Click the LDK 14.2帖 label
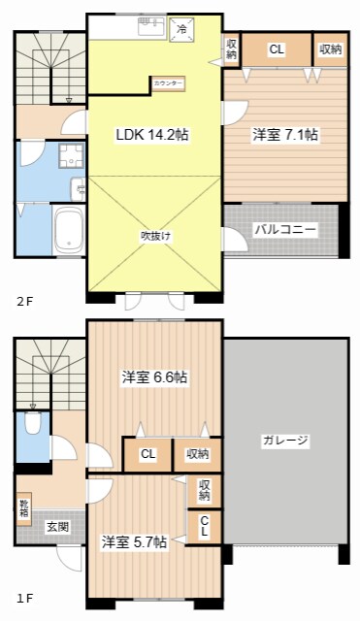pos(152,136)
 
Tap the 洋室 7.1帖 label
pos(285,136)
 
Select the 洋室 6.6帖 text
pos(154,376)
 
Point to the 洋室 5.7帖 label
pos(134,541)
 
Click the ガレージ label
pos(285,441)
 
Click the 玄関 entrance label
pos(57,527)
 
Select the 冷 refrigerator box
pos(180,30)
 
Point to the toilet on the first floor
pos(33,422)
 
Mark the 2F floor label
pos(24,302)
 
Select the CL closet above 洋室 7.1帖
pos(277,49)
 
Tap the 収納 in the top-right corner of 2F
pos(330,49)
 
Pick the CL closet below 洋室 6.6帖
pos(147,453)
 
